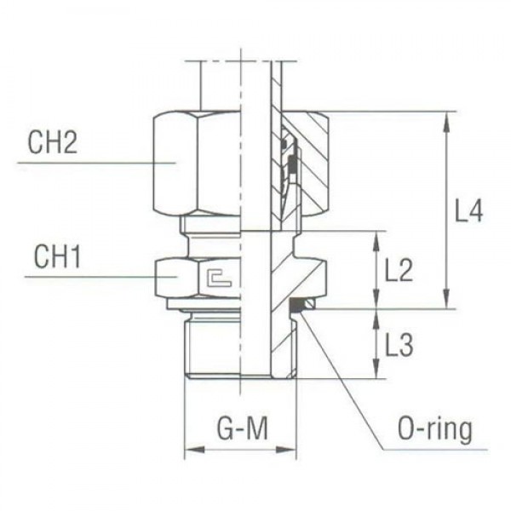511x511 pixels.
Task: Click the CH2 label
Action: pyautogui.click(x=52, y=141)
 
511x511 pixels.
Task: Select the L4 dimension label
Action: pyautogui.click(x=468, y=210)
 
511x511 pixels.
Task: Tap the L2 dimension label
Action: pyautogui.click(x=399, y=271)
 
